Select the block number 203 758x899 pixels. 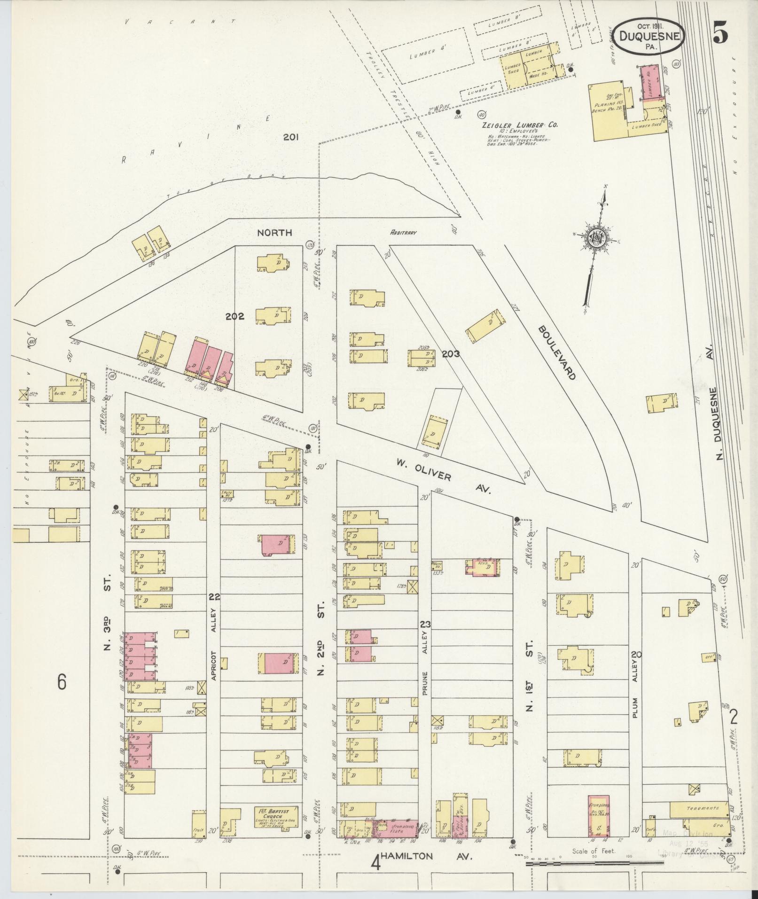(x=450, y=354)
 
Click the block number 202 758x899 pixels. (x=234, y=316)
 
